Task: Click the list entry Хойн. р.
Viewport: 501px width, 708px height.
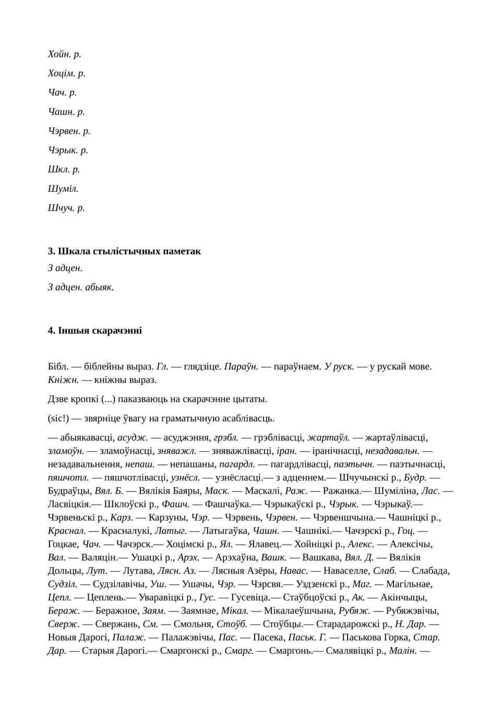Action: coord(64,54)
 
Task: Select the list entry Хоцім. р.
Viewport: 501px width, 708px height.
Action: coord(66,74)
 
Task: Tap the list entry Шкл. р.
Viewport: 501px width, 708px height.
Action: coord(64,170)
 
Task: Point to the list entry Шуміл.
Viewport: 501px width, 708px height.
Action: coord(63,189)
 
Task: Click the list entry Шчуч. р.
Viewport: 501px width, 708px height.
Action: coord(66,208)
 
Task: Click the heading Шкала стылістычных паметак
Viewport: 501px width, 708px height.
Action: coord(124,251)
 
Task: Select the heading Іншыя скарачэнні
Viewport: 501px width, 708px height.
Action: coord(94,331)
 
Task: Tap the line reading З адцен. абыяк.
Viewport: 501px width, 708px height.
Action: coord(81,287)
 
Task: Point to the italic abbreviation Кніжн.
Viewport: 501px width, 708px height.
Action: coord(63,380)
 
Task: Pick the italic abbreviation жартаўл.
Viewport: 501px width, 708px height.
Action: coord(328,438)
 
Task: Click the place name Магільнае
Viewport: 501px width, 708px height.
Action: coord(409,584)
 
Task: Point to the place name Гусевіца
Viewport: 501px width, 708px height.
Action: coord(250,598)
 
